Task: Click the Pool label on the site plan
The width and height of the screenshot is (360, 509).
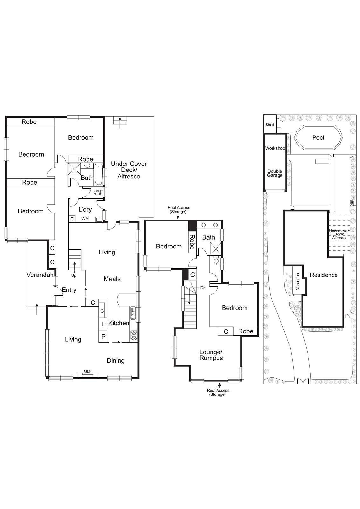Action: [x=318, y=137]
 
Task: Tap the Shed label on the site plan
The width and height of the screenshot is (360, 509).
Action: [x=270, y=125]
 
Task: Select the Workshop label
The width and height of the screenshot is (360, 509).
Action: [x=275, y=148]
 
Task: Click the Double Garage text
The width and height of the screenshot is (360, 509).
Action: [x=275, y=173]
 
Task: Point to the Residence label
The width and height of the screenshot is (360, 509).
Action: [x=324, y=275]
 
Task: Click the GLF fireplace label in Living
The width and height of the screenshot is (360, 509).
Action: [x=87, y=371]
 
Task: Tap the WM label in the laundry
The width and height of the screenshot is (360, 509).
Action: [x=85, y=219]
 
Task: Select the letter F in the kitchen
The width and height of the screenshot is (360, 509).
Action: [x=103, y=324]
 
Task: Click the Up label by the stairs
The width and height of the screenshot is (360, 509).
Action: [x=74, y=276]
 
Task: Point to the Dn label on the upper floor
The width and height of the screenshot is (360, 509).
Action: [x=203, y=288]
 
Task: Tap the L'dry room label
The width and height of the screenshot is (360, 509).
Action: [x=85, y=209]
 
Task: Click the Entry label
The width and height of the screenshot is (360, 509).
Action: [x=69, y=290]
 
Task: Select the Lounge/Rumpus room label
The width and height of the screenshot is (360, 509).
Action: [x=211, y=355]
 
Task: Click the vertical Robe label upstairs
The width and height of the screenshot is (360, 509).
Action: [x=192, y=242]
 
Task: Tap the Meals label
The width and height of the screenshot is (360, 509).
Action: [x=112, y=279]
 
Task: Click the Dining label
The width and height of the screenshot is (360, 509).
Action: [x=115, y=361]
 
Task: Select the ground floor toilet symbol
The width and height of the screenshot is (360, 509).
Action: [x=98, y=192]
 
